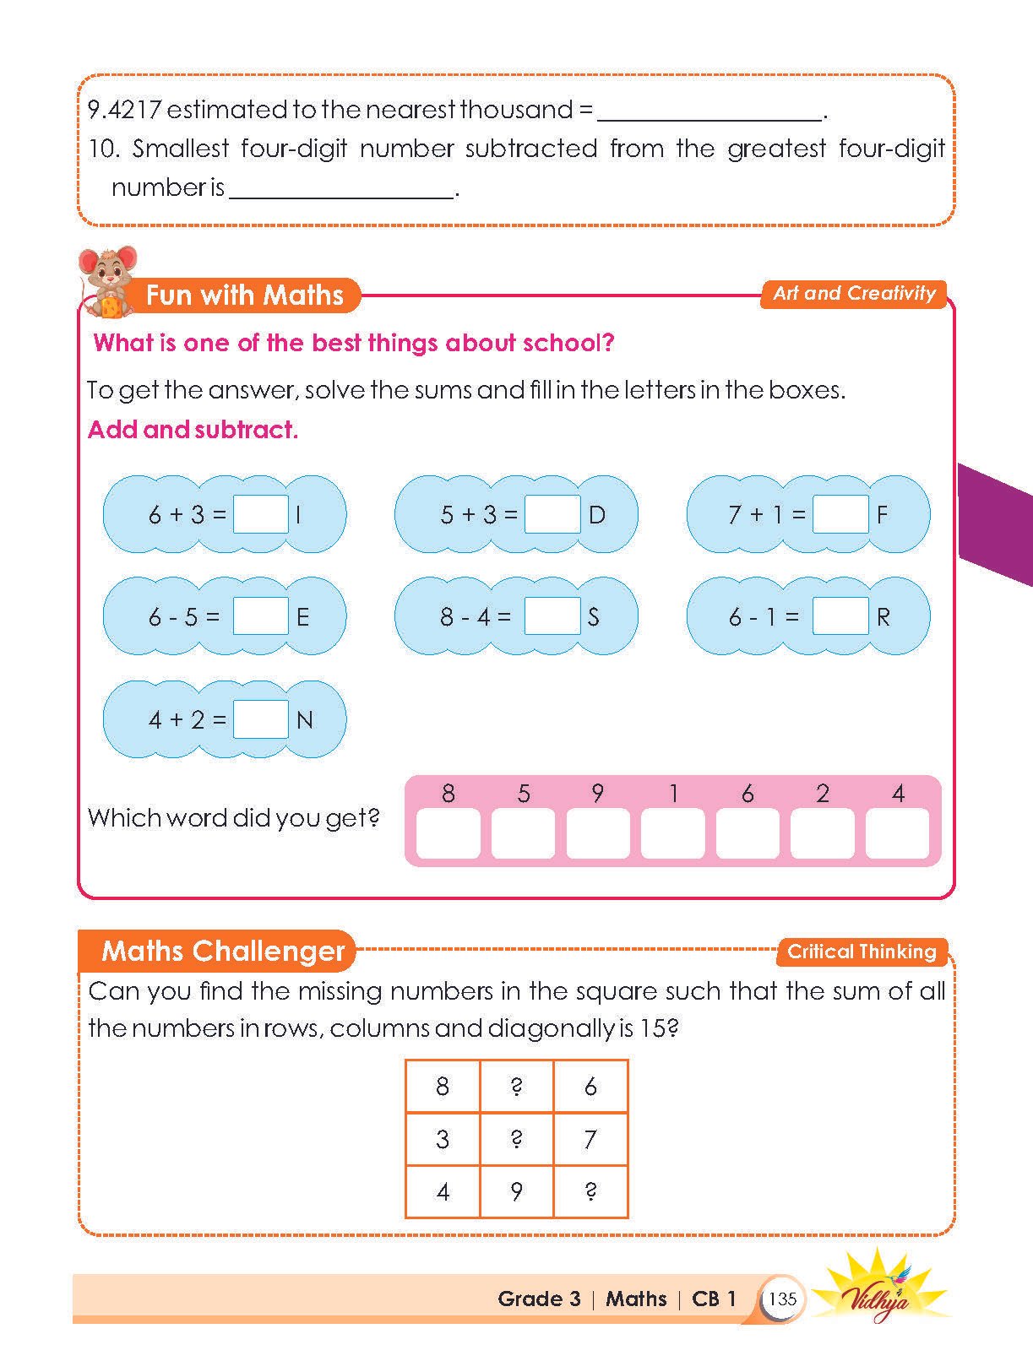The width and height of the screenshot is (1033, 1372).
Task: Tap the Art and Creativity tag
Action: (x=854, y=294)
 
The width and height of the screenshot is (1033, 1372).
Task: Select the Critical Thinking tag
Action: (x=862, y=952)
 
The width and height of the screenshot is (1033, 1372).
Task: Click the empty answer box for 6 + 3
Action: (x=261, y=514)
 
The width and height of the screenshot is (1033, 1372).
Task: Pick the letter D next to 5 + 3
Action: (x=597, y=515)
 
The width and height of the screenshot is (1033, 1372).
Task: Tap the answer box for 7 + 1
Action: (x=840, y=514)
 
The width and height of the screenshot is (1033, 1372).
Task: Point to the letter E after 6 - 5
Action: (x=302, y=618)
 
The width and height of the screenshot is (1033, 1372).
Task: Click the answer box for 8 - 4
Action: (x=552, y=616)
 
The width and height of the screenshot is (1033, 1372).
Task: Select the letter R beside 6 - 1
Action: (x=883, y=618)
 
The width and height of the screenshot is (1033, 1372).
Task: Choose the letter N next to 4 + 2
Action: (x=305, y=720)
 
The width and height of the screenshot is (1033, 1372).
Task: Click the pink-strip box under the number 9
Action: (x=598, y=833)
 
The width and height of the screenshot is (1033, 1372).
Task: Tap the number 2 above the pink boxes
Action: (x=823, y=794)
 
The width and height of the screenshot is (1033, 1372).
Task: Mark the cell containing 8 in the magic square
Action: (x=443, y=1086)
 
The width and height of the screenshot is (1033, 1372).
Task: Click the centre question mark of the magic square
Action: (x=516, y=1139)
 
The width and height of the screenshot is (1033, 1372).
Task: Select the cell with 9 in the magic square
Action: (x=516, y=1191)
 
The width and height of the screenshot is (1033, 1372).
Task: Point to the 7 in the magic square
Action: (x=590, y=1139)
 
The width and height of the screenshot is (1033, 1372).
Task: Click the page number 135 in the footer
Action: (x=783, y=1299)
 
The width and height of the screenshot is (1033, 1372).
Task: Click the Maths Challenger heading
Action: (x=223, y=952)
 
